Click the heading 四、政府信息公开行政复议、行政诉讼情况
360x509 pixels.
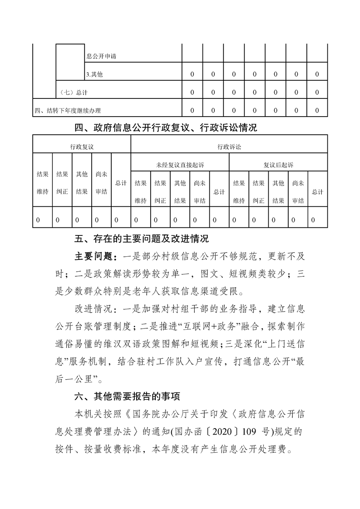pos(166,128)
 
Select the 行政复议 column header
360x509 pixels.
pos(82,147)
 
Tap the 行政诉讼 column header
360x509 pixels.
pos(229,147)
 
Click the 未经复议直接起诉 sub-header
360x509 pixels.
pos(180,165)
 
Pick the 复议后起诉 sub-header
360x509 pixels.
pos(278,165)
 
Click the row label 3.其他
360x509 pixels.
pos(94,74)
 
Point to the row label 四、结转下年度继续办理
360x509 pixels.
pos(68,110)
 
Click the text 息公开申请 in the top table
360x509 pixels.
pos(99,56)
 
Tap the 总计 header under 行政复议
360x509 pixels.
pos(121,183)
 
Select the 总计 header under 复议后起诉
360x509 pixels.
pos(318,192)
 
